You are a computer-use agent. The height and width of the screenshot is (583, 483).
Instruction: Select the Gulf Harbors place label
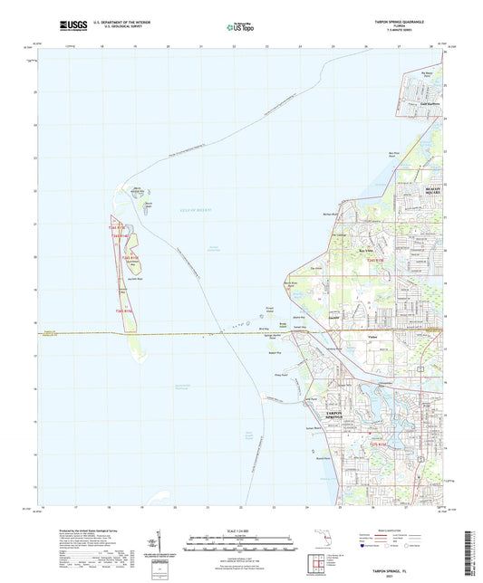click(429, 104)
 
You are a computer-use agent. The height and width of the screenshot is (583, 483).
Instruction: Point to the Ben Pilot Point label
click(419, 156)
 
